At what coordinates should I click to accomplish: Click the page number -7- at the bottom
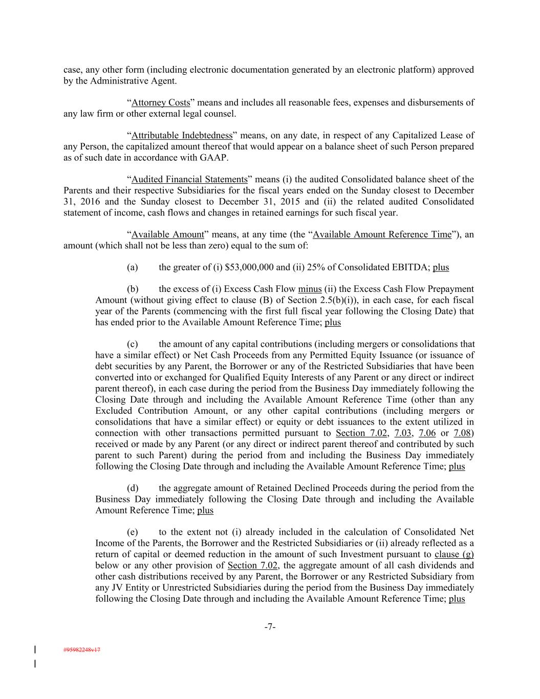270,626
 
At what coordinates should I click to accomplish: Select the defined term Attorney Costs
161,102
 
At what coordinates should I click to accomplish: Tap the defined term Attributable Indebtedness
182,135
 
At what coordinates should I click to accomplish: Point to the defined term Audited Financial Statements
189,179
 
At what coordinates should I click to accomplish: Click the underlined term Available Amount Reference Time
382,235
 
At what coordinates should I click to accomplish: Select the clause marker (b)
132,289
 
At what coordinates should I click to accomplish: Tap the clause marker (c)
132,344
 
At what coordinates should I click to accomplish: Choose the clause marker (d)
132,488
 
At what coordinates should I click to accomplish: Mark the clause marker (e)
132,532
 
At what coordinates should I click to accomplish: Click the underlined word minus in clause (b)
310,289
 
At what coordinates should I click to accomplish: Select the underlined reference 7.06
427,433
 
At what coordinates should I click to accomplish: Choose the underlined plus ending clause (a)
441,267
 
